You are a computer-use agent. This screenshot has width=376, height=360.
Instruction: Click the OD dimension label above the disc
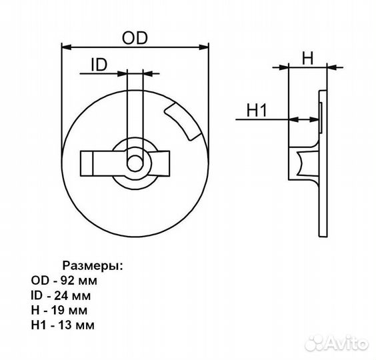[135, 38]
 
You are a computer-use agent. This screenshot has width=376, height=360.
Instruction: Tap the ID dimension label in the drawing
[99, 65]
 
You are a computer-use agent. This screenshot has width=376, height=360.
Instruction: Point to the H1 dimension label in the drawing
[257, 110]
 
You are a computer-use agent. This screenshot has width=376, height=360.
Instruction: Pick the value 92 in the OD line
[67, 281]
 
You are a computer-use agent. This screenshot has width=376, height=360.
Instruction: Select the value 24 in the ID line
[61, 295]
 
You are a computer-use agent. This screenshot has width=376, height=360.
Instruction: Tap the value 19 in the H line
[57, 311]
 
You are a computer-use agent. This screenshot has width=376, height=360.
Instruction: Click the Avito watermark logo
[337, 343]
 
